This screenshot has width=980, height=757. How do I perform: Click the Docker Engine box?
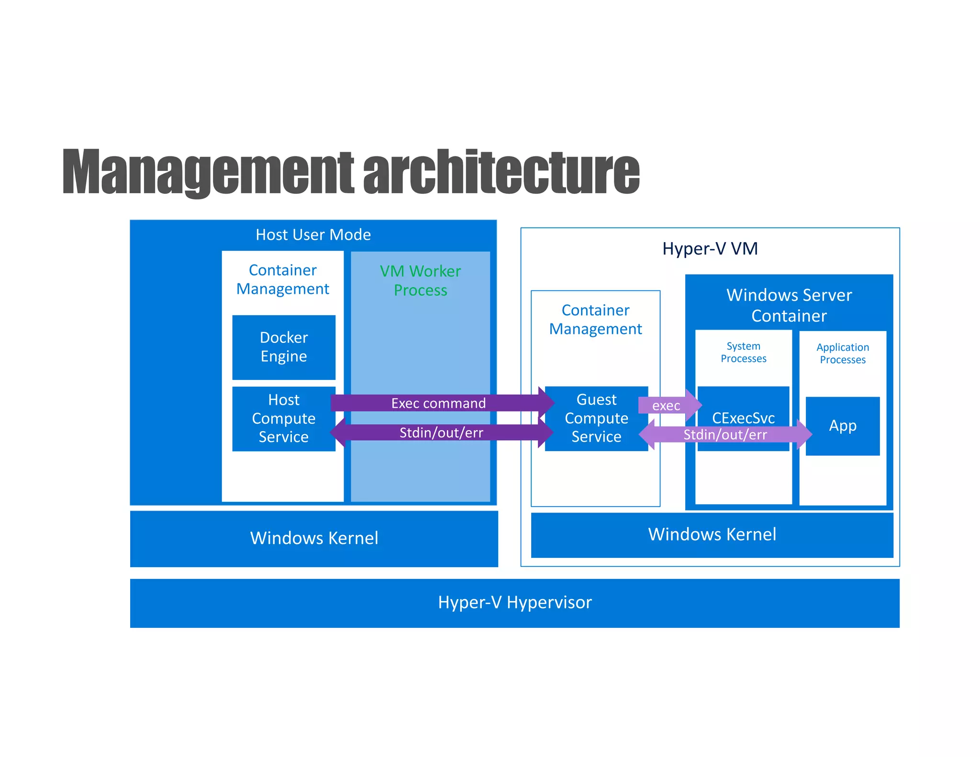point(283,347)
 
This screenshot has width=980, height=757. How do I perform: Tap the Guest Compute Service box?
point(596,419)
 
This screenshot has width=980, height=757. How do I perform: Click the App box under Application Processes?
point(842,425)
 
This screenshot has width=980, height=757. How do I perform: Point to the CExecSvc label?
point(743,417)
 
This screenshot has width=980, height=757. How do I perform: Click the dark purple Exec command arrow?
point(438,403)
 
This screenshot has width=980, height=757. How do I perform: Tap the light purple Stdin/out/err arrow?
point(724,434)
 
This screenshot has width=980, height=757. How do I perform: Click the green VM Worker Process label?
point(420,280)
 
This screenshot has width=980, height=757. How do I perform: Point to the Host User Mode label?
point(313,234)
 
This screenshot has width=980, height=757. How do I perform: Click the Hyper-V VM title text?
point(710,249)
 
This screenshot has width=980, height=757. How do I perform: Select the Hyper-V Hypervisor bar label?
point(514,602)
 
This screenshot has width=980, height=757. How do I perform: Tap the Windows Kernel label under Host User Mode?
point(314,538)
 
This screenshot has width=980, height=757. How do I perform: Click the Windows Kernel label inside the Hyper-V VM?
point(712,534)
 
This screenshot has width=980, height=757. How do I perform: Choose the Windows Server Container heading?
point(789,305)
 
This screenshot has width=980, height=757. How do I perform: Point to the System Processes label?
point(743,352)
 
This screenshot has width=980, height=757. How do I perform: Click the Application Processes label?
point(842,353)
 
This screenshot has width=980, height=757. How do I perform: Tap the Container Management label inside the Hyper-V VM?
point(595,320)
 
